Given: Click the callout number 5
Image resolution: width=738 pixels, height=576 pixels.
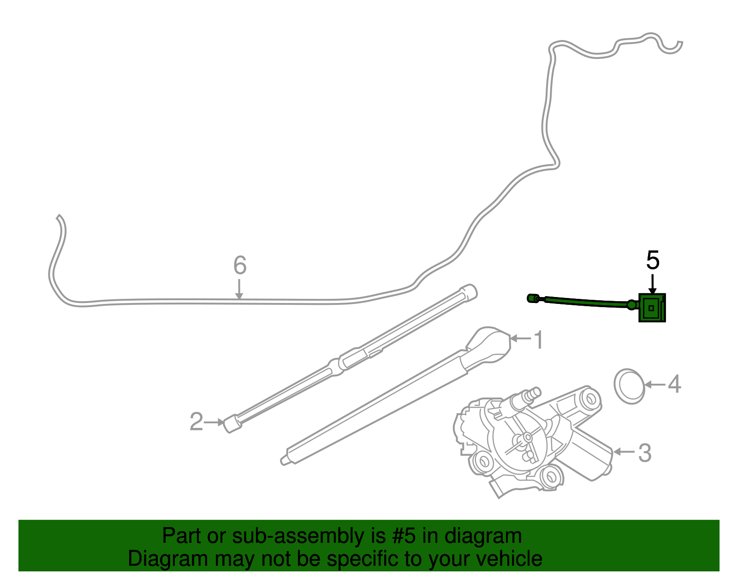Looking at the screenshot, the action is pos(652,261).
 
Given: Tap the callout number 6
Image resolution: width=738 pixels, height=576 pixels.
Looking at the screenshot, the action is pos(240,265).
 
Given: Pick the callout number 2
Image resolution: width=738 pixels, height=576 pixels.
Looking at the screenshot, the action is pos(196,422).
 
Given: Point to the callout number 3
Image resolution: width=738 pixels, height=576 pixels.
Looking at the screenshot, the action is pos(645,453).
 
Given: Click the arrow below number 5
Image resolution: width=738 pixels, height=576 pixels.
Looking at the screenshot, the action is pos(652,284).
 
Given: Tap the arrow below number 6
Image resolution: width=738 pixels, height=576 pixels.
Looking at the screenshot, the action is pos(239,289).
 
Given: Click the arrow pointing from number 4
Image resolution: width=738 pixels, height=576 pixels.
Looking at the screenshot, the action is pos(655,385).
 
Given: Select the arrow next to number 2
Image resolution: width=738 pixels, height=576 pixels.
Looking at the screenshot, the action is pos(214,422).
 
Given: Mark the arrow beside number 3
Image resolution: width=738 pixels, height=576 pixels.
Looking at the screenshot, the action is pos(624,452).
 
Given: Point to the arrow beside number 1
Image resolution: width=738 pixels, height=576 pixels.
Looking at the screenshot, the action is pos(521,338).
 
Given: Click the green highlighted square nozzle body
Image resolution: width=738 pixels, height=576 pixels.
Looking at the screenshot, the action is pos(652,308).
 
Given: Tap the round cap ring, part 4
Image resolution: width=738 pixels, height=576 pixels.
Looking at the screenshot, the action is pos(629,386).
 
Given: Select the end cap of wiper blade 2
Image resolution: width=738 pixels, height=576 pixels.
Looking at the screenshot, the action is pos(232,424).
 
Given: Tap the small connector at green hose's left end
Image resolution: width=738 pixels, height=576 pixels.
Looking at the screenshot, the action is pos(533,298).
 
